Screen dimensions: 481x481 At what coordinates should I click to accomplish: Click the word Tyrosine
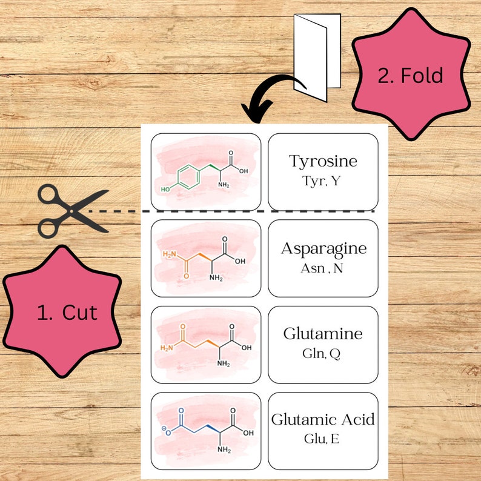323,162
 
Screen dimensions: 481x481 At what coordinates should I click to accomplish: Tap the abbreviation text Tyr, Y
323,180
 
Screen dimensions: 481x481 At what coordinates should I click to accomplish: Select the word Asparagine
323,248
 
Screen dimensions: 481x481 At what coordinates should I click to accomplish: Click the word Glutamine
323,334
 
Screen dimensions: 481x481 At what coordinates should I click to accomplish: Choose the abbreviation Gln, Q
321,353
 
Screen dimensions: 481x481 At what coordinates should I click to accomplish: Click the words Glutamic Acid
323,419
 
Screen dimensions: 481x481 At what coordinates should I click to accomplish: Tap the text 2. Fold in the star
410,76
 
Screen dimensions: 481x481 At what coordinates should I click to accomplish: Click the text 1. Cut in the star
67,313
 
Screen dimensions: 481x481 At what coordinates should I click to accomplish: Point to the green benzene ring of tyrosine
190,179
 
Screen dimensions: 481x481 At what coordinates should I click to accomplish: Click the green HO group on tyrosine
165,190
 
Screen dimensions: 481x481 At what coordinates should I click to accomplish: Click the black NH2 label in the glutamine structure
224,363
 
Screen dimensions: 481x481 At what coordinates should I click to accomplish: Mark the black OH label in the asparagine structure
240,262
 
